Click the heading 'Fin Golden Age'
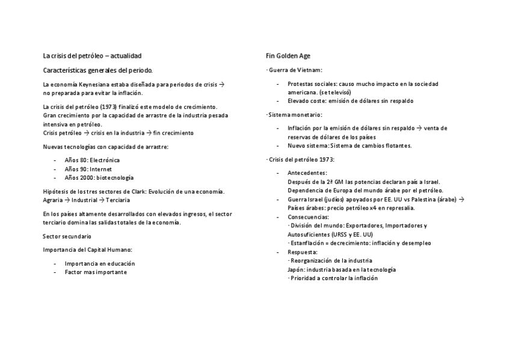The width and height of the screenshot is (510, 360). [288, 56]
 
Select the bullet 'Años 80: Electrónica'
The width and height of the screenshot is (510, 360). [92, 160]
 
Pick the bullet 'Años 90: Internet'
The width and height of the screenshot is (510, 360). [88, 169]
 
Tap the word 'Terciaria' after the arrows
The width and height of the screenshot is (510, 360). [118, 200]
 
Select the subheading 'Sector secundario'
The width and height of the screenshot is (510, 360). [67, 237]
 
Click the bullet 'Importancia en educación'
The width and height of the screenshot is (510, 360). [99, 263]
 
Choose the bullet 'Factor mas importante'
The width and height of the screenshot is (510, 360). [96, 272]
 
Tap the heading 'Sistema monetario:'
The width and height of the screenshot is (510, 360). [295, 114]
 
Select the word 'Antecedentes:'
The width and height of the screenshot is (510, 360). [307, 172]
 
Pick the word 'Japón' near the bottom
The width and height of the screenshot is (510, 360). [296, 269]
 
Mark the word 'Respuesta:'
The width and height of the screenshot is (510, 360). [303, 252]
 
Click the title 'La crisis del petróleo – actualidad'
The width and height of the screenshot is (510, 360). [92, 56]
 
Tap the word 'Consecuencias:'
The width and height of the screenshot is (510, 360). [309, 216]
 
